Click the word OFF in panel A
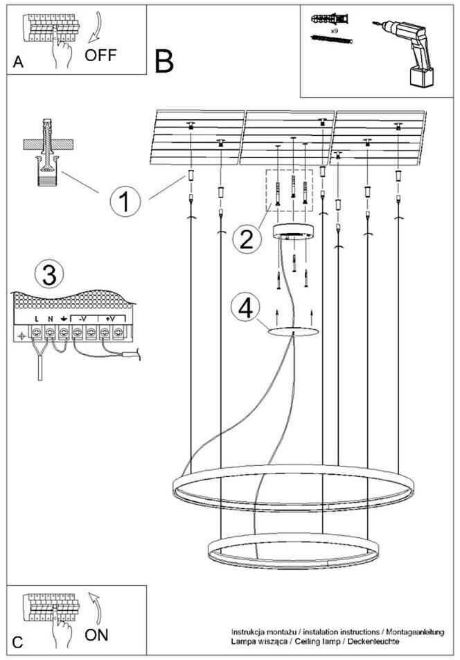tap(100, 55)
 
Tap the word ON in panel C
tap(97, 633)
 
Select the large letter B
tap(164, 62)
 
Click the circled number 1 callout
tap(124, 202)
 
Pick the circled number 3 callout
tap(48, 275)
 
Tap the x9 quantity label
tap(334, 31)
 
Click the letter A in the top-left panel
tap(18, 62)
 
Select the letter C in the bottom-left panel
tap(18, 642)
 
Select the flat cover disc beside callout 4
tap(294, 332)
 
